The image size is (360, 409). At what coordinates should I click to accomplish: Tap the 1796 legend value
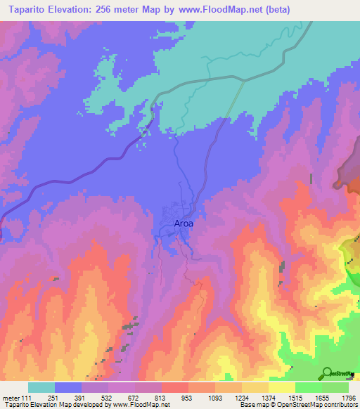[347, 398]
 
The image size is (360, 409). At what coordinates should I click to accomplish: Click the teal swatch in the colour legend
[41, 387]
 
